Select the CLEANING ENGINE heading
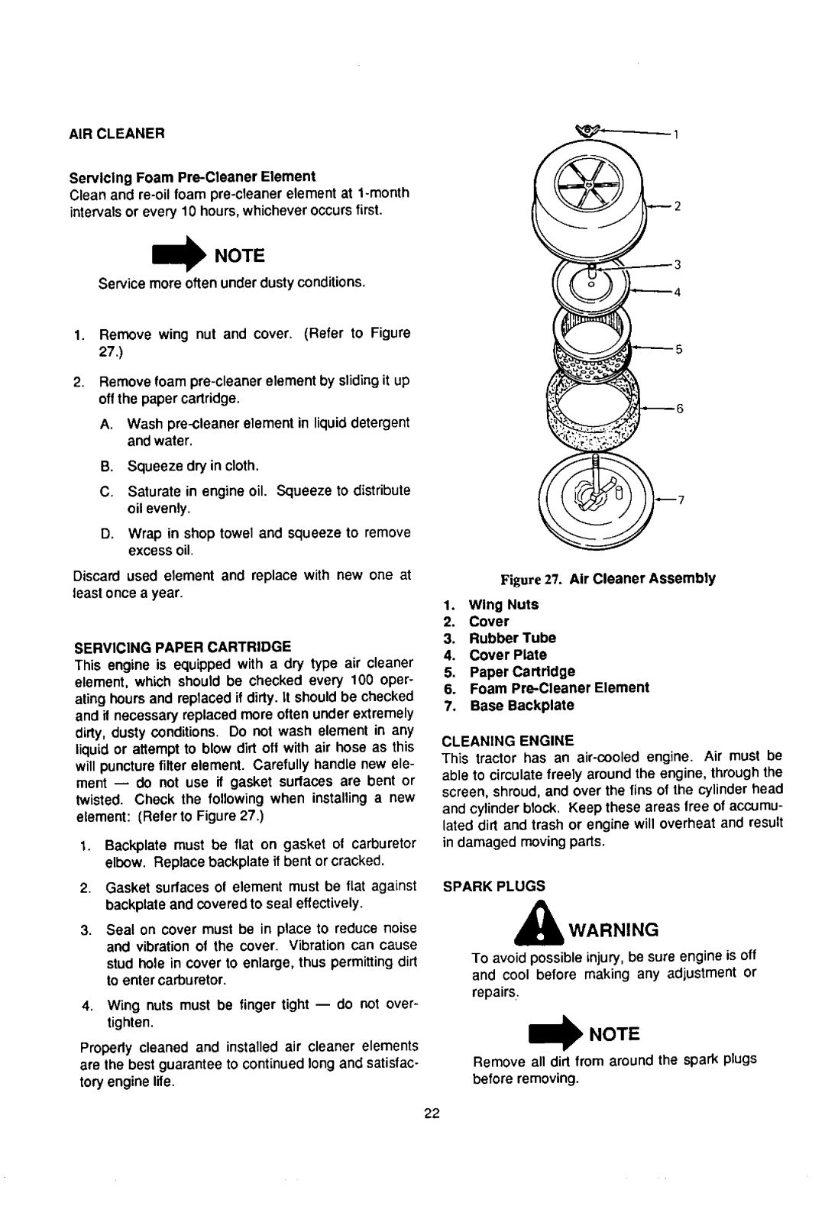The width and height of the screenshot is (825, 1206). coord(506,740)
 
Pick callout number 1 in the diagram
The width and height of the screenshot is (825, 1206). coord(676,135)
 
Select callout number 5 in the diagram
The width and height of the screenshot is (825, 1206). coord(677,349)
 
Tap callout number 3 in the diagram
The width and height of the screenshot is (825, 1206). coord(677,264)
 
